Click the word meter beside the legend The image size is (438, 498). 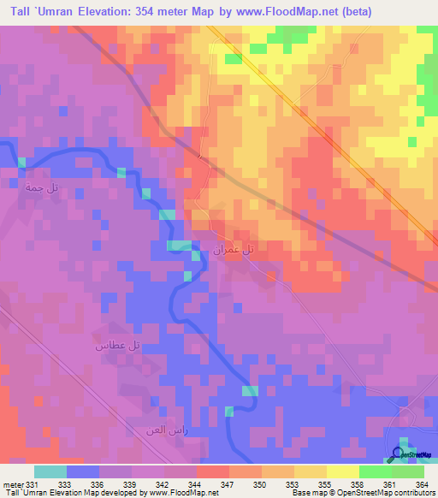pyautogui.click(x=12, y=484)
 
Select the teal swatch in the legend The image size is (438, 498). pyautogui.click(x=50, y=471)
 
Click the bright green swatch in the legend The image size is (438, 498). pyautogui.click(x=376, y=471)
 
